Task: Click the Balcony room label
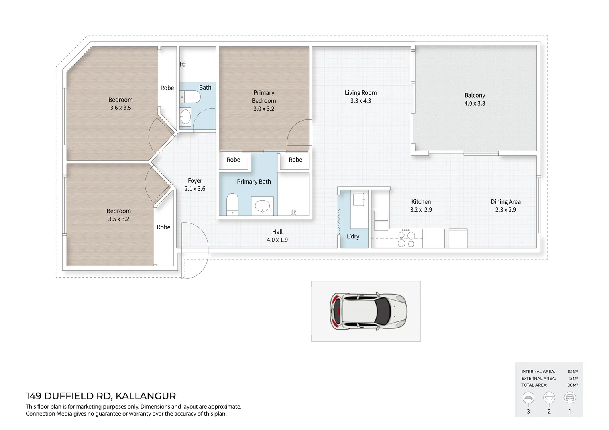click(474, 95)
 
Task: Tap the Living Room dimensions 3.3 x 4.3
click(360, 101)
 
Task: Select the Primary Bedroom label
click(264, 96)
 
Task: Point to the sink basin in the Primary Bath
click(263, 206)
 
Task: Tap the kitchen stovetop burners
click(406, 239)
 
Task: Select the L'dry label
click(353, 236)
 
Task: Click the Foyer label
click(195, 180)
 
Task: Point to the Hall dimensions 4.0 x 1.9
click(277, 240)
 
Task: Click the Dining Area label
click(505, 201)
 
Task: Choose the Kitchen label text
click(421, 201)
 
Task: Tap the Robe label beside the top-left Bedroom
click(167, 88)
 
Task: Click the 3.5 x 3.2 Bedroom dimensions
click(118, 219)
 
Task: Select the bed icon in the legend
click(528, 397)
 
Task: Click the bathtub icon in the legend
click(549, 397)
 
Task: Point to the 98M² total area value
click(572, 385)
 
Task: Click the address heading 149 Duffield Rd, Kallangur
click(101, 396)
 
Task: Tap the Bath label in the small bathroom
click(205, 87)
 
